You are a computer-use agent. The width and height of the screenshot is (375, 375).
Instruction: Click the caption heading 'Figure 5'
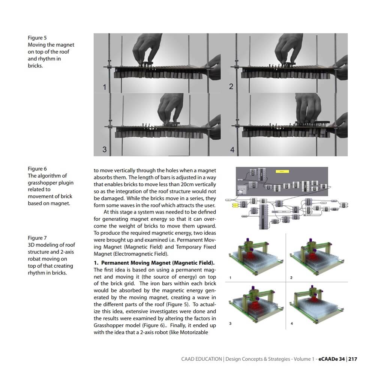coord(37,38)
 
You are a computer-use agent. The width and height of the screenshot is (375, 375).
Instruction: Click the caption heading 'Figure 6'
coord(37,169)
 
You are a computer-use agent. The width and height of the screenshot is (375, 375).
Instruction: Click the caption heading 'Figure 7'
coord(37,238)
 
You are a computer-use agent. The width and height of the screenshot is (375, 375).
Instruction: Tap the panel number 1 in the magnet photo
coord(105,87)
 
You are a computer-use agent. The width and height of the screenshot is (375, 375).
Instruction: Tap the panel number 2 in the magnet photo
coord(231,87)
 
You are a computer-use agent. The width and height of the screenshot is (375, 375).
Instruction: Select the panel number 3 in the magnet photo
coord(105,149)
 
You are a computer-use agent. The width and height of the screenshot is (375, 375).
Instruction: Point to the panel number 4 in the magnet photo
coord(232,150)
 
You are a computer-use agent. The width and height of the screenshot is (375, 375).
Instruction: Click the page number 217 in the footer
coord(353,359)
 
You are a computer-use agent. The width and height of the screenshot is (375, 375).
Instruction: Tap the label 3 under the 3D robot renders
coord(230,323)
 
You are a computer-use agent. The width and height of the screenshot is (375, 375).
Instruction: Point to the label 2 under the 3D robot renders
coord(291,278)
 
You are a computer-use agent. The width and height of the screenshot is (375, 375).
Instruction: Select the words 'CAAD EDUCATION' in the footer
coord(201,359)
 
